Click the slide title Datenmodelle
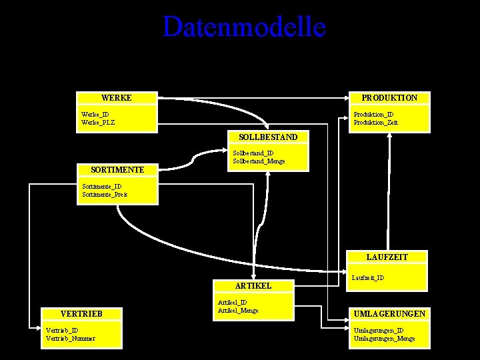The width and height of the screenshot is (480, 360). pyautogui.click(x=244, y=27)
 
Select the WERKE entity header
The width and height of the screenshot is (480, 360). pyautogui.click(x=116, y=98)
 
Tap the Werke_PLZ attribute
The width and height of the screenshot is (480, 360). pyautogui.click(x=98, y=122)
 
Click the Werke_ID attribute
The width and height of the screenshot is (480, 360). pyautogui.click(x=95, y=114)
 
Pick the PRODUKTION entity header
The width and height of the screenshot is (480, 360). pyautogui.click(x=389, y=98)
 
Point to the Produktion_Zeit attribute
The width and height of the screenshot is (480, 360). pyautogui.click(x=375, y=122)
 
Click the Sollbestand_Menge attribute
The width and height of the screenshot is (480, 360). pyautogui.click(x=259, y=161)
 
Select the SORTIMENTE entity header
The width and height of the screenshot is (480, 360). pyautogui.click(x=118, y=170)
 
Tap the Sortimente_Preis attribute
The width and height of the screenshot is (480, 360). pyautogui.click(x=105, y=195)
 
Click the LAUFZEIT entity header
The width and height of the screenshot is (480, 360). pyautogui.click(x=387, y=257)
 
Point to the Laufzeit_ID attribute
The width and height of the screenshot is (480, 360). pyautogui.click(x=367, y=277)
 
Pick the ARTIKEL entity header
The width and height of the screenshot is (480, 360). pyautogui.click(x=253, y=285)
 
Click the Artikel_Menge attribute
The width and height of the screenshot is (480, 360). pyautogui.click(x=238, y=310)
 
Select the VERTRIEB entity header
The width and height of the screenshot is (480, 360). pyautogui.click(x=81, y=313)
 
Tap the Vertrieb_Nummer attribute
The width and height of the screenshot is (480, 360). pyautogui.click(x=70, y=338)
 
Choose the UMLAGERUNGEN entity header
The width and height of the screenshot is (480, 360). pyautogui.click(x=390, y=313)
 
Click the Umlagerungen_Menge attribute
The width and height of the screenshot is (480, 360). pyautogui.click(x=384, y=338)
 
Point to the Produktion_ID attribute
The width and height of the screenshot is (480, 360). pyautogui.click(x=373, y=114)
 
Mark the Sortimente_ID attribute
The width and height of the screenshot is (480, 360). pyautogui.click(x=101, y=187)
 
